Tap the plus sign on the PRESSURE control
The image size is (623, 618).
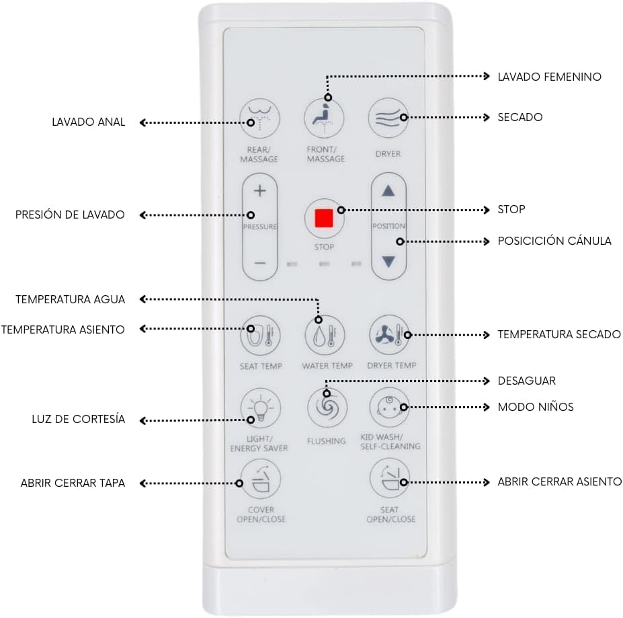click(x=260, y=192)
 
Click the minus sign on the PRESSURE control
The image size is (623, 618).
click(x=260, y=262)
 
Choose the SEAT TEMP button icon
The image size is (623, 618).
click(x=260, y=335)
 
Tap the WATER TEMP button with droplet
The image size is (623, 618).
click(x=325, y=335)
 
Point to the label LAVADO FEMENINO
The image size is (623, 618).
click(x=549, y=77)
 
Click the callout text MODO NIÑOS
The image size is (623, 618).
click(x=535, y=407)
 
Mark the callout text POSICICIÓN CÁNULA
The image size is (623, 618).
click(x=554, y=241)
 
